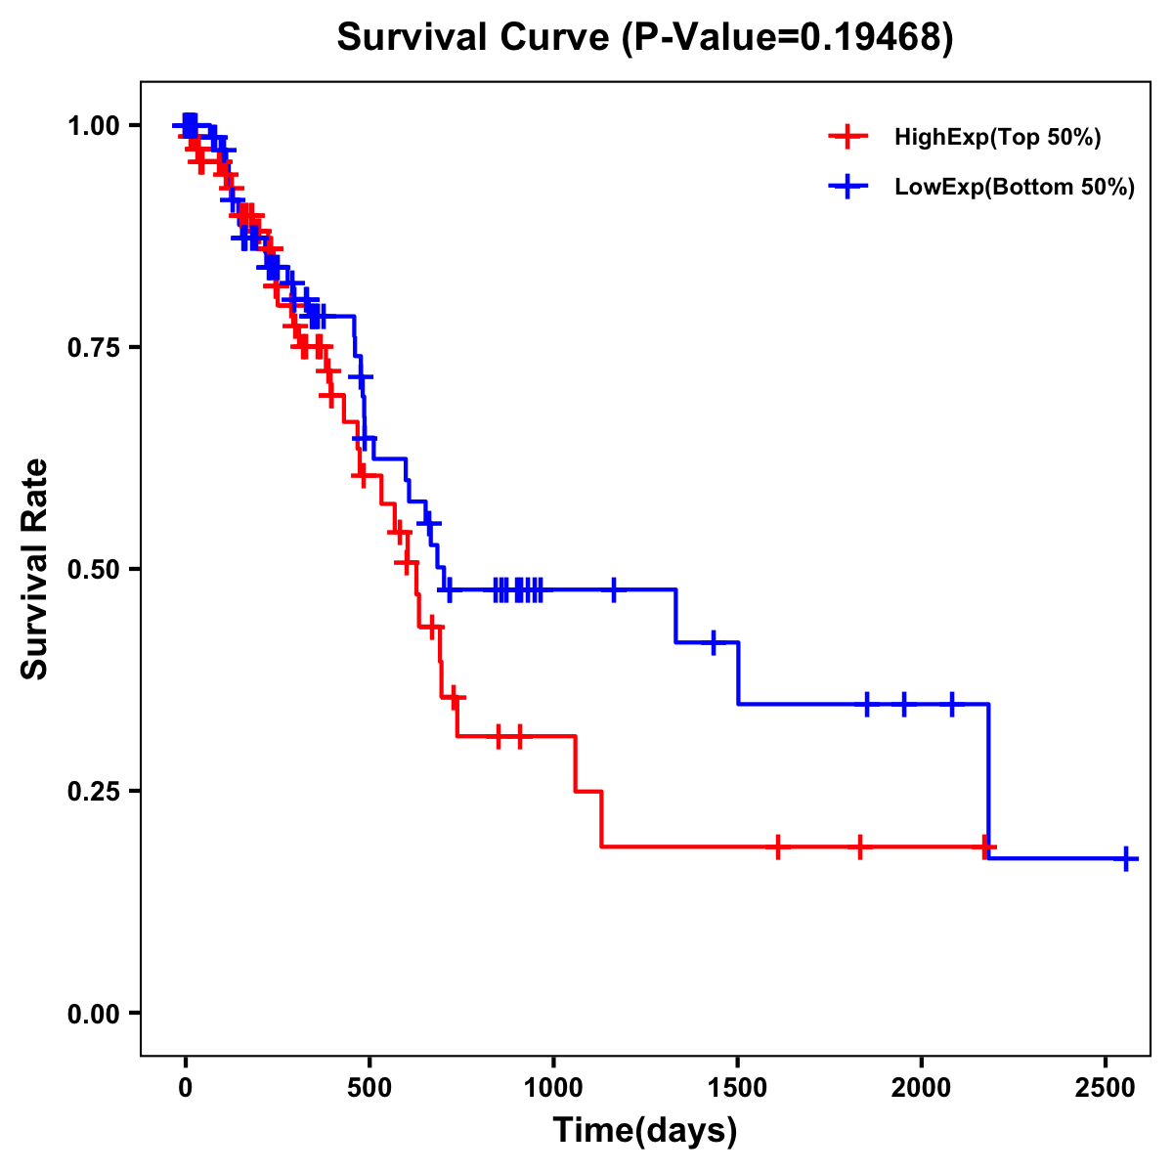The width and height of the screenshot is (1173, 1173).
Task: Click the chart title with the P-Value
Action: coord(644,37)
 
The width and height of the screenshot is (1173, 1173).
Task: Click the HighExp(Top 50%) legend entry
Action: coord(997,138)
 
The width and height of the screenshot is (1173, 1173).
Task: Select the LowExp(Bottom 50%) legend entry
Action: coord(1014,187)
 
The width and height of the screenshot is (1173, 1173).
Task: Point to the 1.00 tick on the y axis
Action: coord(96,125)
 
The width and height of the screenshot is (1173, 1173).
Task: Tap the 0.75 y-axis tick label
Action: coord(96,347)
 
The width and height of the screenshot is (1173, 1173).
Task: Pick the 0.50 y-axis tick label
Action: coord(96,569)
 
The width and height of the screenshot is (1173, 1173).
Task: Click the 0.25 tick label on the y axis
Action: coord(96,791)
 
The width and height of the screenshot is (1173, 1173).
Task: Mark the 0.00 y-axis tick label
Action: coord(96,1013)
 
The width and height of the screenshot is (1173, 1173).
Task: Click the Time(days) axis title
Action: coord(645,1131)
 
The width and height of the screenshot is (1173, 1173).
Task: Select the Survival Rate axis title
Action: coord(36,569)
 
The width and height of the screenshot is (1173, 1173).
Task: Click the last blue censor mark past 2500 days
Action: coord(1126,858)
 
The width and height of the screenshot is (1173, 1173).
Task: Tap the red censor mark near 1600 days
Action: coord(778,847)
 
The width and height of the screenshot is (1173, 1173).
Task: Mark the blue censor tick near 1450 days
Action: coord(714,642)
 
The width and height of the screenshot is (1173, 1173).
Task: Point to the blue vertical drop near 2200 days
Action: coord(988,782)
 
